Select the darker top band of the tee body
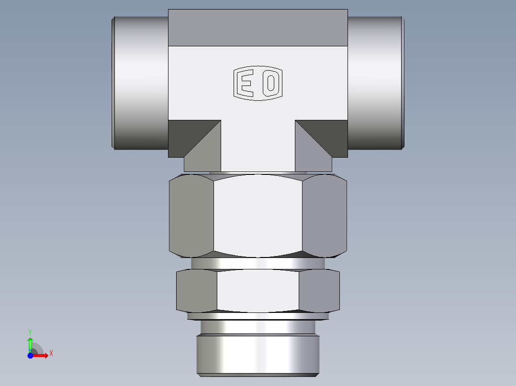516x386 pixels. pos(258,28)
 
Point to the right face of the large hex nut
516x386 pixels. pos(325,214)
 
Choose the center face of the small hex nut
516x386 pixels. pos(258,291)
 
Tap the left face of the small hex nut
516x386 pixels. pos(197,291)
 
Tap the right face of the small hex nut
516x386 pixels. pos(319,291)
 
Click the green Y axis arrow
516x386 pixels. pos(30,343)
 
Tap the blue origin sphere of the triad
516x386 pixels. pos(30,356)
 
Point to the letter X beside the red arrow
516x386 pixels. pos(51,354)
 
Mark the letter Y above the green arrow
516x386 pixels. pos(30,332)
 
